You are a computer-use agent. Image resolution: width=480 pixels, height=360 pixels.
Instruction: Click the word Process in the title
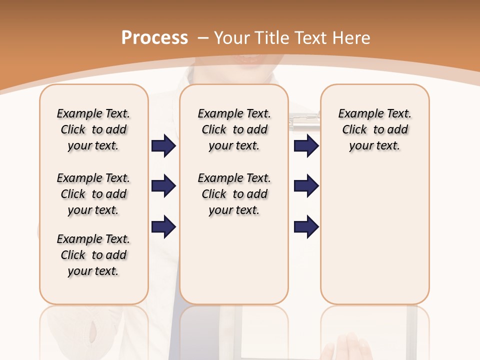click(154, 37)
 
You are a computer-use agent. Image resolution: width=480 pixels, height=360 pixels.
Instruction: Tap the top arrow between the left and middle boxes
click(163, 145)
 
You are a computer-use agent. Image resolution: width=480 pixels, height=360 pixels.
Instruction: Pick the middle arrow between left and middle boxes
click(163, 186)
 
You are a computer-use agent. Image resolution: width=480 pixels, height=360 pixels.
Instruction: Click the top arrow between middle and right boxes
click(306, 145)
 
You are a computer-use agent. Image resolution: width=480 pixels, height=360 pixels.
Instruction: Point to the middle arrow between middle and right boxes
click(306, 186)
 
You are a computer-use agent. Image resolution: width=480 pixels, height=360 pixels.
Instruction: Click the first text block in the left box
click(93, 129)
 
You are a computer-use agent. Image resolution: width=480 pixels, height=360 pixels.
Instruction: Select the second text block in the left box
click(93, 194)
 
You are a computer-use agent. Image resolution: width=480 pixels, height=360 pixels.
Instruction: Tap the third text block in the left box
click(93, 255)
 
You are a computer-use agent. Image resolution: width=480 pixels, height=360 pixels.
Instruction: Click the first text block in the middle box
click(234, 129)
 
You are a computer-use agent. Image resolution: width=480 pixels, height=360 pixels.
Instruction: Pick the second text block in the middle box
click(234, 194)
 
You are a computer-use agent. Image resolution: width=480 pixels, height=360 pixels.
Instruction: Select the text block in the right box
click(374, 129)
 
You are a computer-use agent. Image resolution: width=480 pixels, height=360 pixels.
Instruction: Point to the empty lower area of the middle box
click(234, 260)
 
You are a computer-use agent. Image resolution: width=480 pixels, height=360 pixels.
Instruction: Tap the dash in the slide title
click(203, 37)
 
